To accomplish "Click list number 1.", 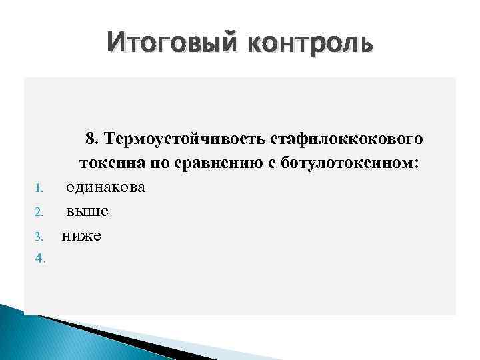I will [38, 189].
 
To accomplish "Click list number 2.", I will [39, 213].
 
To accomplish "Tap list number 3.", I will [39, 237].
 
